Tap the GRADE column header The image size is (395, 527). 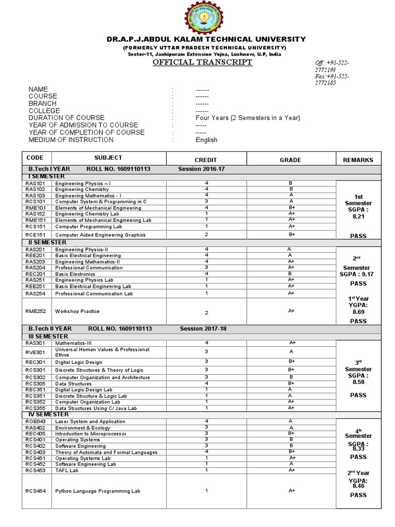coord(290,160)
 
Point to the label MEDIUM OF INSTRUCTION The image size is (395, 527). coord(71,139)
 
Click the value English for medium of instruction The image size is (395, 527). coord(206,139)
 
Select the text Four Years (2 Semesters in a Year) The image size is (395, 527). coord(248,118)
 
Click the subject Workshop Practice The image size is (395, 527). coord(78,311)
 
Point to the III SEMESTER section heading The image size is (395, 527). coord(47,336)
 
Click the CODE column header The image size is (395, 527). coord(35,157)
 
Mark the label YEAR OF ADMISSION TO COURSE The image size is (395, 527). coord(83,125)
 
